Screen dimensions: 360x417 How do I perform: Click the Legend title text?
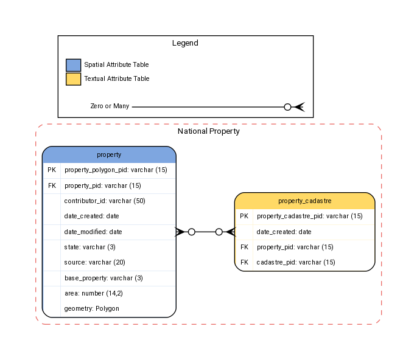pos(185,43)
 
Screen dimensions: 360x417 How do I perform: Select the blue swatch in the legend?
pos(73,65)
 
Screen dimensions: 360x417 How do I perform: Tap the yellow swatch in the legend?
pos(73,79)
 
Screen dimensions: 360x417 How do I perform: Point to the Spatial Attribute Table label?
pos(116,64)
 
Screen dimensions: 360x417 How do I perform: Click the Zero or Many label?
pos(110,106)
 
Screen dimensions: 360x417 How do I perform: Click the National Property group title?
pos(208,131)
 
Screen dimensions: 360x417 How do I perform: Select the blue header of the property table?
pos(109,155)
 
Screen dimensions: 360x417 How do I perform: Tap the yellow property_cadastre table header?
pos(304,201)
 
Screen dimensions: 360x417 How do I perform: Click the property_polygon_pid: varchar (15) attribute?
pos(116,170)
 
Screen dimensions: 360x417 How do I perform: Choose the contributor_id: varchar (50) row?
pos(105,201)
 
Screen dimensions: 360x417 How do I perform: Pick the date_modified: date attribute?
pos(93,232)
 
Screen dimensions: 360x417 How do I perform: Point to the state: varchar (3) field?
pos(89,247)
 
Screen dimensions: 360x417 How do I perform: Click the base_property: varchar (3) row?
pos(103,278)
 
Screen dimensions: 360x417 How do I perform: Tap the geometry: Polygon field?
pos(91,308)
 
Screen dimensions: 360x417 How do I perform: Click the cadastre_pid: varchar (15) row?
pos(296,263)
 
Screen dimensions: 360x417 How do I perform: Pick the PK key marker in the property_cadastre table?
pos(244,216)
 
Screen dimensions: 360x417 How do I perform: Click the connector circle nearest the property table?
pos(191,232)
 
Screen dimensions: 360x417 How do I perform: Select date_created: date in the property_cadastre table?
pos(284,232)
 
